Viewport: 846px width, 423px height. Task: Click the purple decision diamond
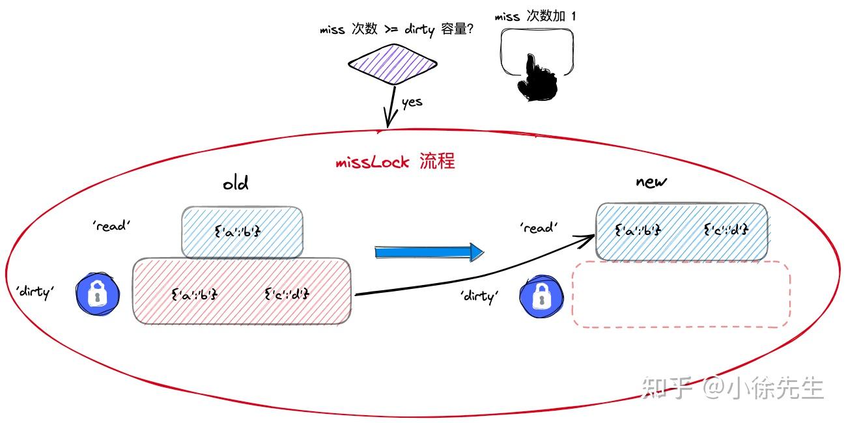(392, 64)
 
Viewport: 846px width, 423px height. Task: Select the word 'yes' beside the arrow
(412, 102)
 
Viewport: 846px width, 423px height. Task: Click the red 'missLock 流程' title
(395, 161)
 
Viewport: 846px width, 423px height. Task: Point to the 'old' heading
(235, 184)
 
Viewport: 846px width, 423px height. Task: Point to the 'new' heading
(651, 182)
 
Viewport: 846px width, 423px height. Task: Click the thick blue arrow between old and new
(430, 252)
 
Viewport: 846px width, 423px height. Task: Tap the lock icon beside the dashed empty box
(540, 296)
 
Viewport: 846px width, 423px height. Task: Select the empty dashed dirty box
(681, 295)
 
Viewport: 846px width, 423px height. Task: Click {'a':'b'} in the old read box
(237, 230)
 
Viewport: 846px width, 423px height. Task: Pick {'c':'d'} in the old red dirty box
(287, 294)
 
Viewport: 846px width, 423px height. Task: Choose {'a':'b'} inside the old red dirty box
(194, 294)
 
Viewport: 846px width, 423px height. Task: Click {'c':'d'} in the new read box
(726, 229)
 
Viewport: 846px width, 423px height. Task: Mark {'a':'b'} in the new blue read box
(638, 229)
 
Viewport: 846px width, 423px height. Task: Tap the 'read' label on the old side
(112, 226)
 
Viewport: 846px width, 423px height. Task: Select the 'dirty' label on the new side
(479, 296)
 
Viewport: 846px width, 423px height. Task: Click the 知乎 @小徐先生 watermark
(732, 389)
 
